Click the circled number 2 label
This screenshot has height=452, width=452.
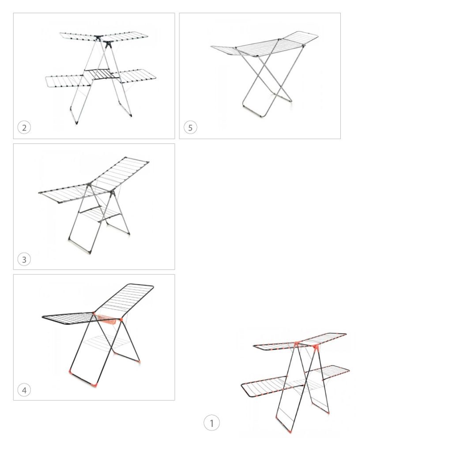coord(24,128)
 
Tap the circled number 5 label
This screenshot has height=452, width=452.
coord(190,128)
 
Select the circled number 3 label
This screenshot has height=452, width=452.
coord(24,260)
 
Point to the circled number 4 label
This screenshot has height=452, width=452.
coord(24,390)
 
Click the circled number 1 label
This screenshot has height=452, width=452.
coord(211,423)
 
